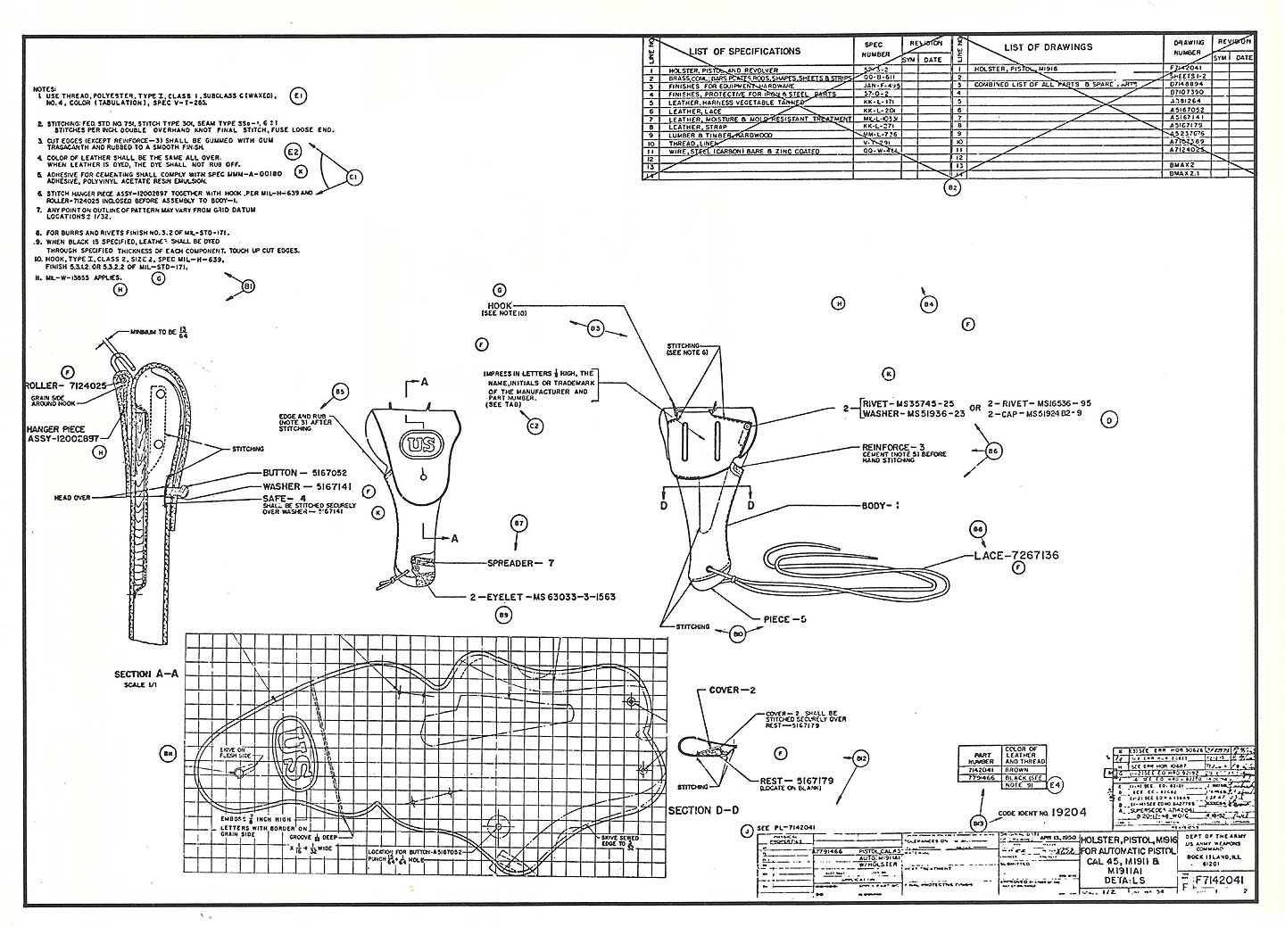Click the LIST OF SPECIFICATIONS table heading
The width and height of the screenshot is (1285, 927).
[x=744, y=51]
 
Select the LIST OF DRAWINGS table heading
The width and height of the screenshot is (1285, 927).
[x=1047, y=47]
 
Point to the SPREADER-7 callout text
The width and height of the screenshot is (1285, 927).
[x=521, y=563]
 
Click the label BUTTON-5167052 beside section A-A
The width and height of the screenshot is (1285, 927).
[x=304, y=473]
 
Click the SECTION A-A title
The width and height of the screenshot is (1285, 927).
[x=146, y=675]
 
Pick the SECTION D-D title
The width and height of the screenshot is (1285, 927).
[x=703, y=811]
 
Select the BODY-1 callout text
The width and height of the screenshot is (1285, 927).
[x=880, y=506]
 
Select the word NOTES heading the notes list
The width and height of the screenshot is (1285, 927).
[x=44, y=89]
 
